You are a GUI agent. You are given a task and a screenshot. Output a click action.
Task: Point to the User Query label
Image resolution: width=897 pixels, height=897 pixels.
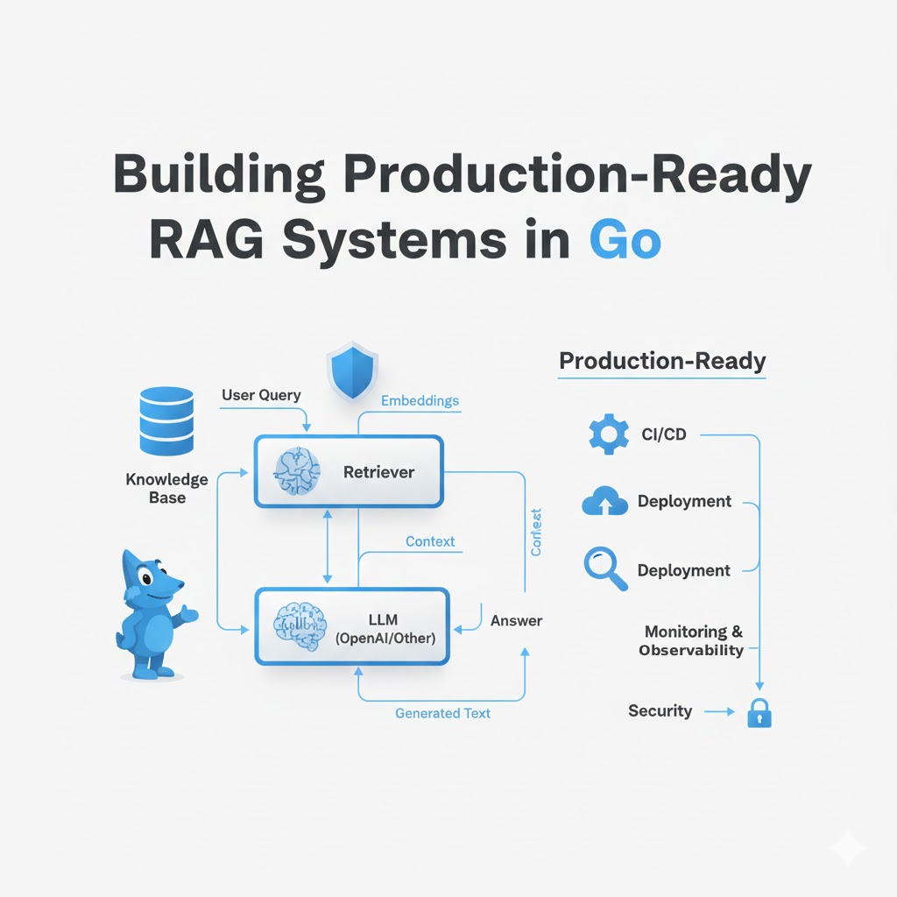[261, 395]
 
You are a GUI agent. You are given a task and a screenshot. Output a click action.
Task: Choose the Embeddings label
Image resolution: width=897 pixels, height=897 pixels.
[420, 400]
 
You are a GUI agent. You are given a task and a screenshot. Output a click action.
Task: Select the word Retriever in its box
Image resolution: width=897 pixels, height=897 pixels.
[378, 472]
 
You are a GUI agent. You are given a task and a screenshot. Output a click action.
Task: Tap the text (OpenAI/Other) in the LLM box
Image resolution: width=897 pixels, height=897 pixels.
[385, 638]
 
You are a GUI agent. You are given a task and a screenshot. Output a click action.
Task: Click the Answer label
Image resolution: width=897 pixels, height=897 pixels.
[516, 620]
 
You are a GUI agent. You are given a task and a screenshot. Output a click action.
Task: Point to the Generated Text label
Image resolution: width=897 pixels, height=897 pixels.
[442, 713]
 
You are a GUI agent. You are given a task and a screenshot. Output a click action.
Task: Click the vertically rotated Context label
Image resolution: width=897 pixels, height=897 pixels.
[537, 532]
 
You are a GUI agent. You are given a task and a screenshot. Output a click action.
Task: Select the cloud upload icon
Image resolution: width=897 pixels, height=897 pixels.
[604, 502]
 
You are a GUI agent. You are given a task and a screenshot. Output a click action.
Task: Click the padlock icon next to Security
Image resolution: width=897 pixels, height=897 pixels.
[759, 714]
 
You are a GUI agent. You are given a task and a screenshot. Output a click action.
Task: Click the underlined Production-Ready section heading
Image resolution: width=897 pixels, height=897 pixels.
[662, 361]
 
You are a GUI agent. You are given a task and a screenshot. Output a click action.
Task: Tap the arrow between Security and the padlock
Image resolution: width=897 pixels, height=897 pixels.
[720, 711]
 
